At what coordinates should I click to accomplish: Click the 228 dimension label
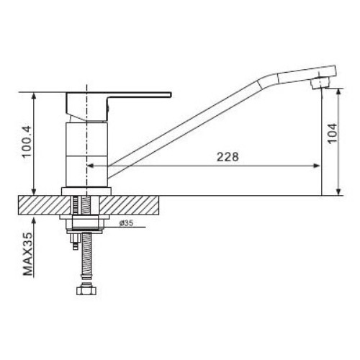click(228, 157)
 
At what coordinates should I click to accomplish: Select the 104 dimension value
click(332, 133)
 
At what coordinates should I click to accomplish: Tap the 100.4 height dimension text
click(27, 142)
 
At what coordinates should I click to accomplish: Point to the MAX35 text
click(27, 254)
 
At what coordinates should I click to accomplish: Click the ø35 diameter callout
click(126, 223)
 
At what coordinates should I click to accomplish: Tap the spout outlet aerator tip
click(320, 84)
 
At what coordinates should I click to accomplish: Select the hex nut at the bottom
click(86, 289)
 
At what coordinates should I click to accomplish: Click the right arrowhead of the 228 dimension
click(317, 166)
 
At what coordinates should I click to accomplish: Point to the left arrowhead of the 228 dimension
click(90, 166)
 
